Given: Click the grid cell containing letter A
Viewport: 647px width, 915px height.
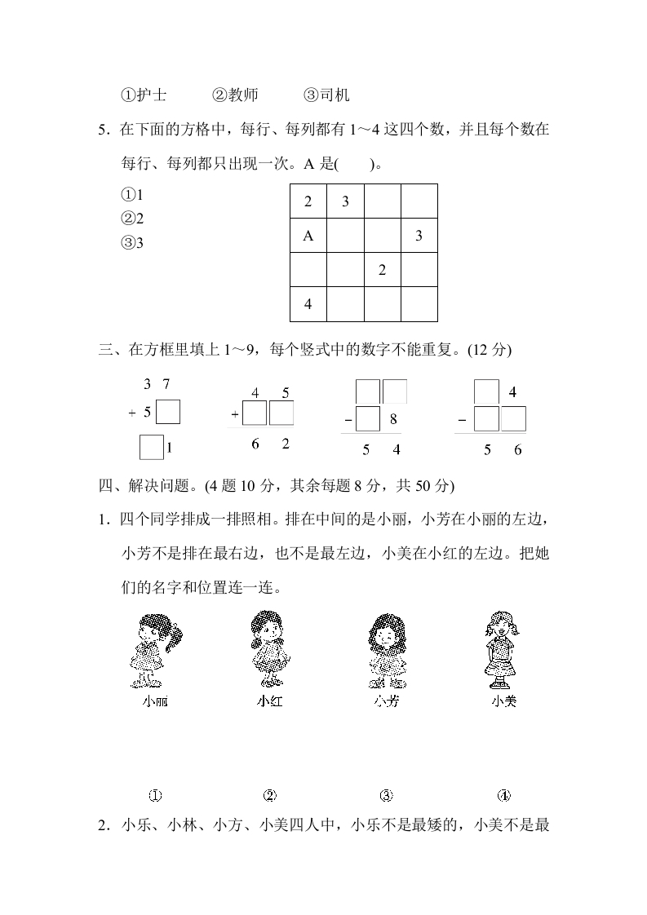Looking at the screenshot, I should coord(308,236).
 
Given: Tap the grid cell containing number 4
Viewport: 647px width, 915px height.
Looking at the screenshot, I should coord(308,305).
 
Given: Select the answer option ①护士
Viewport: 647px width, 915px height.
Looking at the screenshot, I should coord(144,95).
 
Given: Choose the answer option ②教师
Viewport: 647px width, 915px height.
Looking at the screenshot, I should coord(235,95).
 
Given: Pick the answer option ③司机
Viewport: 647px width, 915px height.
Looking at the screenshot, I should coord(326,95).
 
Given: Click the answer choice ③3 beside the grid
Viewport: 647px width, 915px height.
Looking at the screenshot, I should coord(132,242).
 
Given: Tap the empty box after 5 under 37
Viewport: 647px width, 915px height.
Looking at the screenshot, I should coord(168,413).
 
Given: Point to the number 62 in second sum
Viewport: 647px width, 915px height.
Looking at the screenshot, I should coord(270,444).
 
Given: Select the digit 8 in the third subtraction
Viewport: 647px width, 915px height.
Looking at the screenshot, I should coord(392,420).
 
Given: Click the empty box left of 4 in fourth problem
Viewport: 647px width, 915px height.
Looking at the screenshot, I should coord(486,392).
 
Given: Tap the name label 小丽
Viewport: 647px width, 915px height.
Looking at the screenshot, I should coord(155,701).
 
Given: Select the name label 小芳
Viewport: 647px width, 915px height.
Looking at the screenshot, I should coord(386,701).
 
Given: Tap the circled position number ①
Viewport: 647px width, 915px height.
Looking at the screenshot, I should coord(155,796).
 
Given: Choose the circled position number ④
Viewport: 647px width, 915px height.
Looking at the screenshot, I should coord(503,796).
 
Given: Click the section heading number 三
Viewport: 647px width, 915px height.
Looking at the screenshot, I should coord(104,350).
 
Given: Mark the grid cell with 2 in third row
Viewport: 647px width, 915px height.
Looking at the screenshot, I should coord(382,271).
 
